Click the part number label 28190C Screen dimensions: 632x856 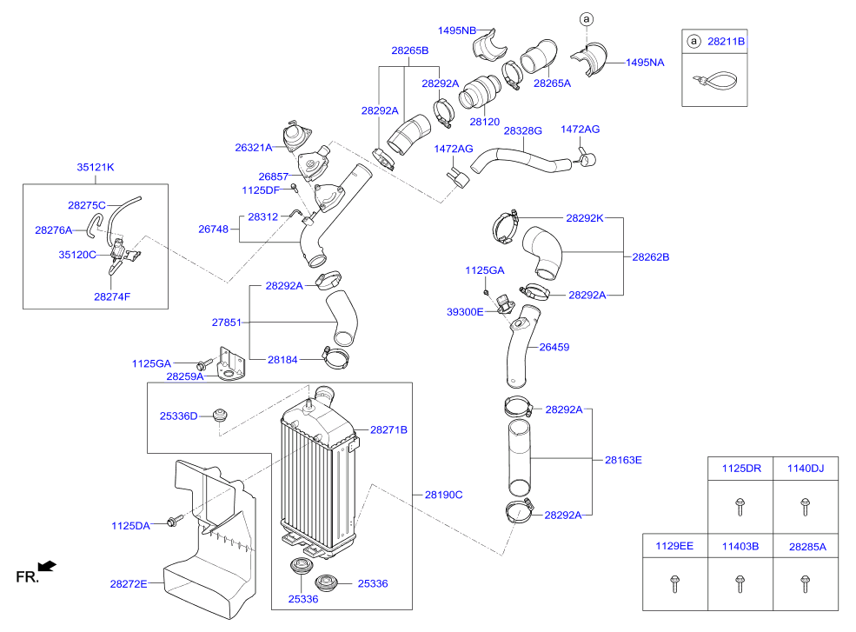point(443,495)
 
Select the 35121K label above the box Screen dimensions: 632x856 point(96,166)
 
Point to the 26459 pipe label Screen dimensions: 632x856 point(554,347)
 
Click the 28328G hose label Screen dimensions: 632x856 point(522,130)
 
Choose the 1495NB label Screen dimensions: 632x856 point(457,30)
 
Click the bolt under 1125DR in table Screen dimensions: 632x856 point(740,504)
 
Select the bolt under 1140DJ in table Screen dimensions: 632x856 point(804,504)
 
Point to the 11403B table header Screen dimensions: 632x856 point(740,547)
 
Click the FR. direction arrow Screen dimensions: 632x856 point(48,567)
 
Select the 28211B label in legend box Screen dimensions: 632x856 point(727,41)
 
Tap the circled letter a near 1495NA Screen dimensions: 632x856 point(586,18)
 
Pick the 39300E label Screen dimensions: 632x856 point(466,311)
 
